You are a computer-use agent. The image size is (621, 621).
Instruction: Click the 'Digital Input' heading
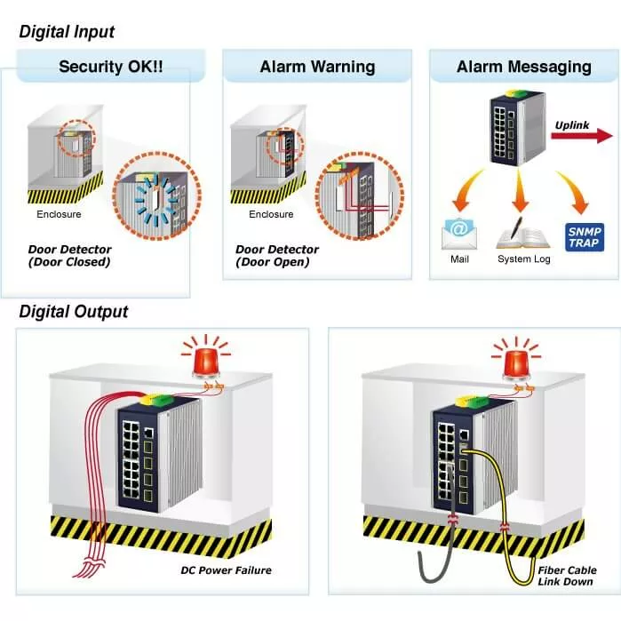coord(67,33)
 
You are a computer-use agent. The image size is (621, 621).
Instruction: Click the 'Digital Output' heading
coord(74,312)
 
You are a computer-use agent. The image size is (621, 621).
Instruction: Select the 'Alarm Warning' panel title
coord(317,67)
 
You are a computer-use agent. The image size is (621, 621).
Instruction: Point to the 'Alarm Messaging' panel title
coord(523,67)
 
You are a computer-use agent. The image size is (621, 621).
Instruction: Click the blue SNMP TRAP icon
coord(584,235)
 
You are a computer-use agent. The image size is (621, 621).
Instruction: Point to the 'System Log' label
coord(523,259)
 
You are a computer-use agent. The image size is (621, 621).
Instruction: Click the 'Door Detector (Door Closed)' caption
coord(69,256)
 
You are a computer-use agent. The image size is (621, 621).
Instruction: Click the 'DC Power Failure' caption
coord(226,569)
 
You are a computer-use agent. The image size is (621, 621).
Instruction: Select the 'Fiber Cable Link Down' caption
coord(567,576)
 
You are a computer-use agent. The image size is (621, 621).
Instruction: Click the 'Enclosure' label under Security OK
coord(59,214)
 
